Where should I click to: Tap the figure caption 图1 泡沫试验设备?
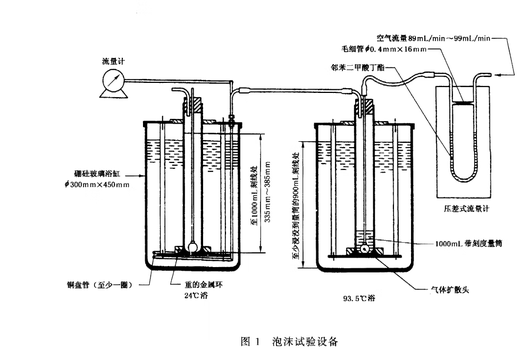click(x=285, y=340)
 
